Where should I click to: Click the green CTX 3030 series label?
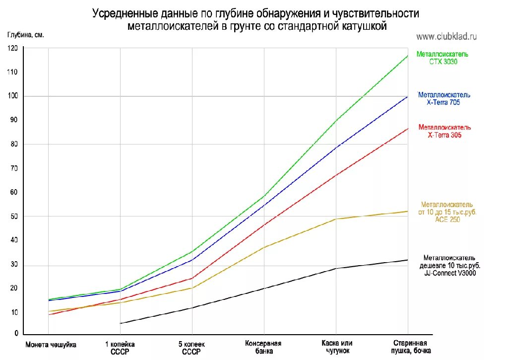(443, 58)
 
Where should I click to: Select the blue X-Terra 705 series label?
(444, 98)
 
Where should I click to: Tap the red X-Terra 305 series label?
(444, 131)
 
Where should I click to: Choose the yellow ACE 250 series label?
(446, 212)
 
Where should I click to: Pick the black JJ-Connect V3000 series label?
(449, 265)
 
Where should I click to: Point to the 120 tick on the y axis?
(12, 48)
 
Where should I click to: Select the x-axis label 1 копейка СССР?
(120, 348)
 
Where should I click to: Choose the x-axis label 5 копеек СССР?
(191, 348)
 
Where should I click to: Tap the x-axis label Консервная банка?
(263, 347)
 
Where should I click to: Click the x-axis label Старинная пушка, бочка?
(410, 347)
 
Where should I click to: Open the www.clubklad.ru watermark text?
(446, 36)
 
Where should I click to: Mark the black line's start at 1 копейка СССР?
(120, 323)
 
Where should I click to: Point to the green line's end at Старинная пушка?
(408, 55)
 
